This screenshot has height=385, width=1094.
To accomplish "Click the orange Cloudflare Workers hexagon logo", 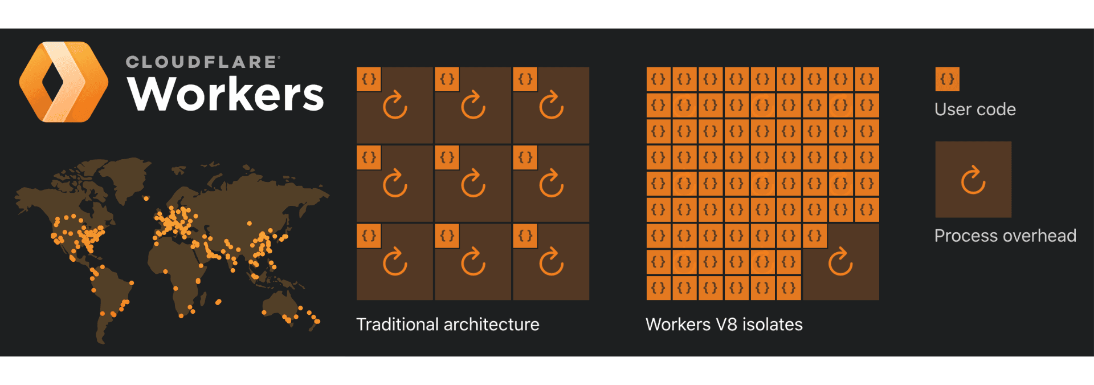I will point(63,82).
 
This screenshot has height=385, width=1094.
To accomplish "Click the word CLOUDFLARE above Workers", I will point(202,62).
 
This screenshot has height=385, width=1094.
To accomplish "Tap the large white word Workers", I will point(226,94).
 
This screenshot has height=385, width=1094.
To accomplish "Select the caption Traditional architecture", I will point(447,325).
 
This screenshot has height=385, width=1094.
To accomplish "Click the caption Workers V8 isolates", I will point(724,325).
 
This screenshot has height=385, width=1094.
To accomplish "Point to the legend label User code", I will point(974,110).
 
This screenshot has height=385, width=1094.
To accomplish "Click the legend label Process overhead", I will point(1005,236).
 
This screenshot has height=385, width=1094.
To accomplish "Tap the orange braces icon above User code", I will point(947,79).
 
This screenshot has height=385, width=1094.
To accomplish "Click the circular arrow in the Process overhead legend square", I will point(973,180).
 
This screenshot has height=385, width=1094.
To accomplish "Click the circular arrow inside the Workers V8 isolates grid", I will point(840,262).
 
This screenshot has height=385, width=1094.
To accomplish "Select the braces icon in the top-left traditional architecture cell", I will point(369,79).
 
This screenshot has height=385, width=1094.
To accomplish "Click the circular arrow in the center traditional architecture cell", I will point(473,184).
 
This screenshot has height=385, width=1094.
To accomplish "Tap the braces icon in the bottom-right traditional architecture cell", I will point(525,236).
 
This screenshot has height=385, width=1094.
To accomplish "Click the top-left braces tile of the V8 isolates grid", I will point(658,79).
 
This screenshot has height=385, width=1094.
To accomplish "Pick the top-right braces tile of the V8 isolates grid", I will point(867,79).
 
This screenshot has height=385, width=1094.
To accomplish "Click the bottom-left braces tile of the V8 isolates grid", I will point(658,288).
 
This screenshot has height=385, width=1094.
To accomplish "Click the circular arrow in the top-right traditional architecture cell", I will point(551,106).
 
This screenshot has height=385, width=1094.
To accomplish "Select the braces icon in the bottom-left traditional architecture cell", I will point(369,236).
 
